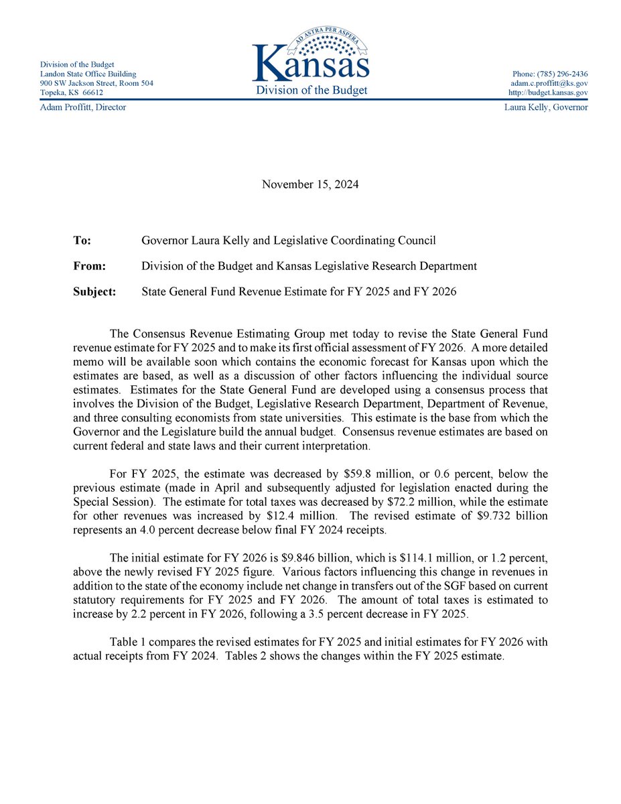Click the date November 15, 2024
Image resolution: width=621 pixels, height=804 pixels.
[x=310, y=184]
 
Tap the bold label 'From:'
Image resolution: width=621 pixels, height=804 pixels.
[x=89, y=266]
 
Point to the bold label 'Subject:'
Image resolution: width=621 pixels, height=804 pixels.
[x=94, y=291]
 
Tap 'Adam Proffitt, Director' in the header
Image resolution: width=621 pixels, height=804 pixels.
[x=83, y=107]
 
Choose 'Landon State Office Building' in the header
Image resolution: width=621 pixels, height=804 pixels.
[x=88, y=74]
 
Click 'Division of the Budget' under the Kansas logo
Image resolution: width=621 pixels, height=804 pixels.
[x=311, y=90]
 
